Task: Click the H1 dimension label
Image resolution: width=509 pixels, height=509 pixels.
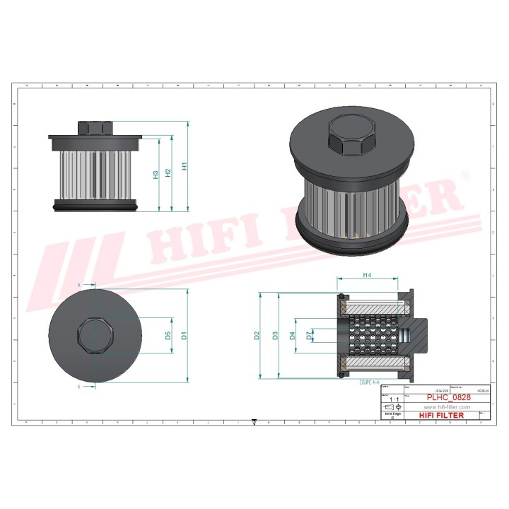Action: click(x=185, y=167)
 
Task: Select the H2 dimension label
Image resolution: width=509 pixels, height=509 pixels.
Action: click(x=168, y=172)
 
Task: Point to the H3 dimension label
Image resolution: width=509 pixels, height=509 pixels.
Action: click(x=156, y=174)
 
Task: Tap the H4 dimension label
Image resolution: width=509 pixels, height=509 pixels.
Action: click(x=368, y=274)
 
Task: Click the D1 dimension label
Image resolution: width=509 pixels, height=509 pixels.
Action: click(x=184, y=336)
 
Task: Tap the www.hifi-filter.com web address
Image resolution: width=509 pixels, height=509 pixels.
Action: click(x=446, y=408)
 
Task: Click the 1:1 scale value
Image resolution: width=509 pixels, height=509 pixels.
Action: click(x=392, y=399)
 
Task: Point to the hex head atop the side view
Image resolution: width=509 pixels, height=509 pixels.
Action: click(x=95, y=128)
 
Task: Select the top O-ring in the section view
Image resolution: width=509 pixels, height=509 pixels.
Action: click(x=341, y=296)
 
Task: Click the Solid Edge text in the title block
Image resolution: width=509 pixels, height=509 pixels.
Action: click(x=392, y=414)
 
